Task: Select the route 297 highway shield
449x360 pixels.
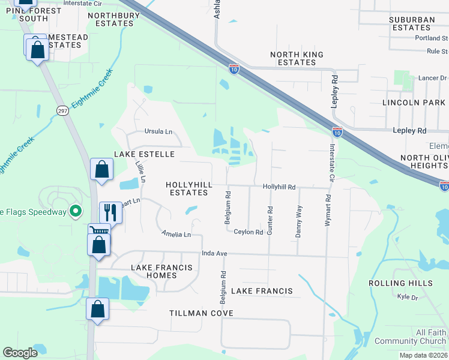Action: [62, 111]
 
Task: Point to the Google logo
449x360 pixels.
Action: [20, 353]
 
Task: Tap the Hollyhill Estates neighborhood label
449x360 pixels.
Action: [187, 188]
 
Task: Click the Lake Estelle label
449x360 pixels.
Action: [144, 154]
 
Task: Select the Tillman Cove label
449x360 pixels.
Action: [201, 313]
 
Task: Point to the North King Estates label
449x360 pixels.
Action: [297, 58]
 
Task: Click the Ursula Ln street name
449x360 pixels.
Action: [158, 131]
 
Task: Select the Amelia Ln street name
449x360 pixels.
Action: [176, 234]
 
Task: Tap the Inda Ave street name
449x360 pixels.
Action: [214, 254]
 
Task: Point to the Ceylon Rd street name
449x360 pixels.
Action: [249, 232]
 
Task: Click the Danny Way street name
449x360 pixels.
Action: [298, 221]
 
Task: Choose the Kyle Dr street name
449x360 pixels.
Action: [408, 297]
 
